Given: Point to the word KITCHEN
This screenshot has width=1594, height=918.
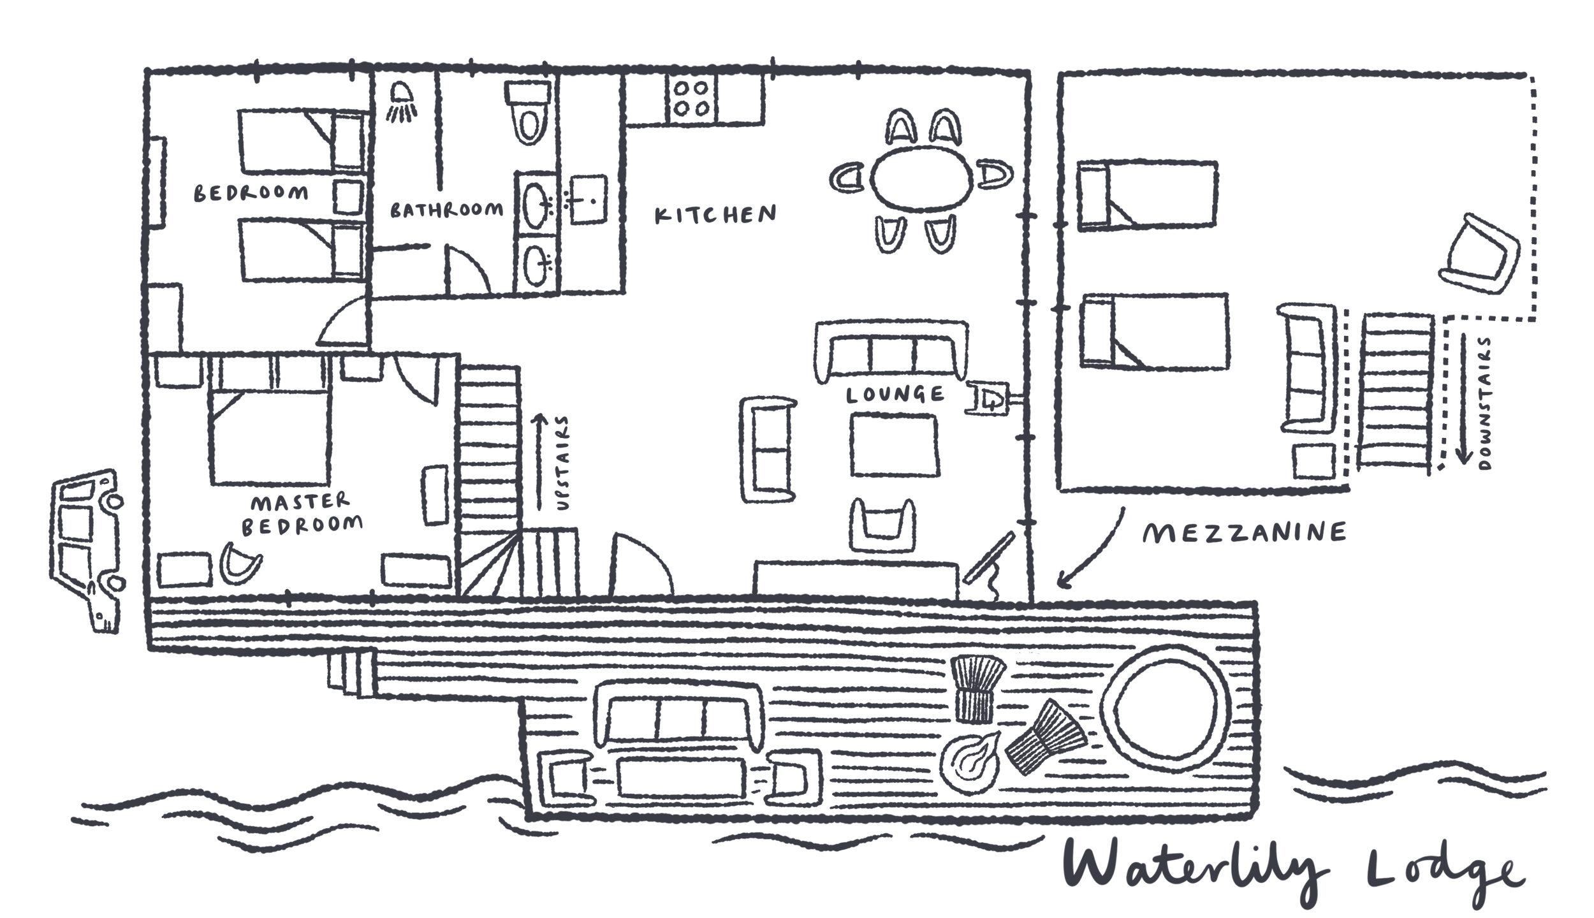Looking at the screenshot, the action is [x=715, y=214].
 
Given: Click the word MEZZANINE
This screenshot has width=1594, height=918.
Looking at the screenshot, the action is [x=1243, y=532].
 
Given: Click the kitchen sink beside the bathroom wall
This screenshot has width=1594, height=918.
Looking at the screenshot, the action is [x=587, y=199].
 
